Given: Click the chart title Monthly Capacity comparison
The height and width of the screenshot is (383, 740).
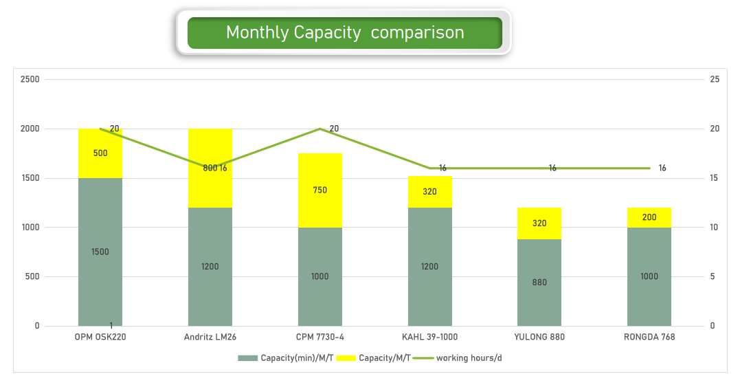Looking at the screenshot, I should tap(345, 32).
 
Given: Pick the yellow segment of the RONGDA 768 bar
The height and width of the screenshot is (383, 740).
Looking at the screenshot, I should tap(649, 217).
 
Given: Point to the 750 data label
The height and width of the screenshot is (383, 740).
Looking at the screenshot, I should tap(320, 190).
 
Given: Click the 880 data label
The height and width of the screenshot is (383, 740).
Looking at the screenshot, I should tap(539, 282).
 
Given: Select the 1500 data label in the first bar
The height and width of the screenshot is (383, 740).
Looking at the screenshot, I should tap(100, 252).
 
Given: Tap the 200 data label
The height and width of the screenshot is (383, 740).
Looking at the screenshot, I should tap(649, 217).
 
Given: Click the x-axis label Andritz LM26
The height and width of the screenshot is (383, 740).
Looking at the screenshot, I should tap(210, 337).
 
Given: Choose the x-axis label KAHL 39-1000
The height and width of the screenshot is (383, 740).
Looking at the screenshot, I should tap(429, 337).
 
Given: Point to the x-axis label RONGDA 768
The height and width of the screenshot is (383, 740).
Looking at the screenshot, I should tap(649, 337).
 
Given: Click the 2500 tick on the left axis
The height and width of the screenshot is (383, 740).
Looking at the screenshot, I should tap(30, 79).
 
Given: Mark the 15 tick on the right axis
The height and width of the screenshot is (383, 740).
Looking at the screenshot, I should tap(714, 178).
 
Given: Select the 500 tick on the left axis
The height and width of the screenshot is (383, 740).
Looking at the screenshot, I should tap(33, 276).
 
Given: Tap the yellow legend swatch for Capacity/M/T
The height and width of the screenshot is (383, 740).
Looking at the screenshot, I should tap(346, 358).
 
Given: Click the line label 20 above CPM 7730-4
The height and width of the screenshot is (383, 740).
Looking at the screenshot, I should tap(334, 129).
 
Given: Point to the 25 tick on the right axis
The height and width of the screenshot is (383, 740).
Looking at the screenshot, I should tap(714, 79).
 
